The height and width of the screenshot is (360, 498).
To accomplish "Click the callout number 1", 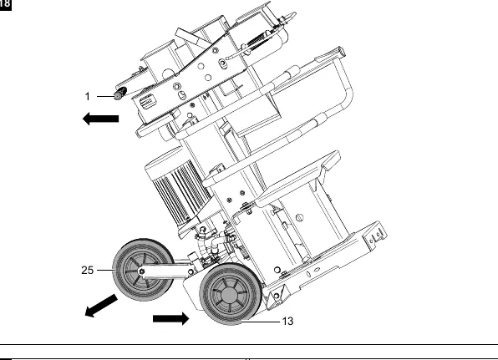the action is [88, 96].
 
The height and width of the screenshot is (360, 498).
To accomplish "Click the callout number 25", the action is [88, 270].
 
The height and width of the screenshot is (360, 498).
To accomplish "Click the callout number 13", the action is [287, 322].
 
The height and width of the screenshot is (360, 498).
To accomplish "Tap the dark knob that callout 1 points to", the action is [120, 94].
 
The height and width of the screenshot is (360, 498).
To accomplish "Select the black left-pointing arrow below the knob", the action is [100, 119].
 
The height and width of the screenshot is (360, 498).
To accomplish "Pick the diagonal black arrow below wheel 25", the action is [101, 306].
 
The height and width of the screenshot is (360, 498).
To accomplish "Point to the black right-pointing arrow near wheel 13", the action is [170, 318].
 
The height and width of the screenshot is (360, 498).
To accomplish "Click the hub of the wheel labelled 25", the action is [142, 271].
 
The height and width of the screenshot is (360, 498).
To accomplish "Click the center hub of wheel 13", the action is [229, 295].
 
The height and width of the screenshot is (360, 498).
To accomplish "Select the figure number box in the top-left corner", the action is [5, 5].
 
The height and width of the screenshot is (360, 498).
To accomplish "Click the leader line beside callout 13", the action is [261, 322].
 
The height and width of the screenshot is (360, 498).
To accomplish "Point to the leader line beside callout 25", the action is [105, 270].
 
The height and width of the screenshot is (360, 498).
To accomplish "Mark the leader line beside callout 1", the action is [105, 96].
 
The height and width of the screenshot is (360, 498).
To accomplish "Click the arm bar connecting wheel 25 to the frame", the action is [165, 271].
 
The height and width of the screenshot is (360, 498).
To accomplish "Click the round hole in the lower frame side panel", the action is [299, 218].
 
